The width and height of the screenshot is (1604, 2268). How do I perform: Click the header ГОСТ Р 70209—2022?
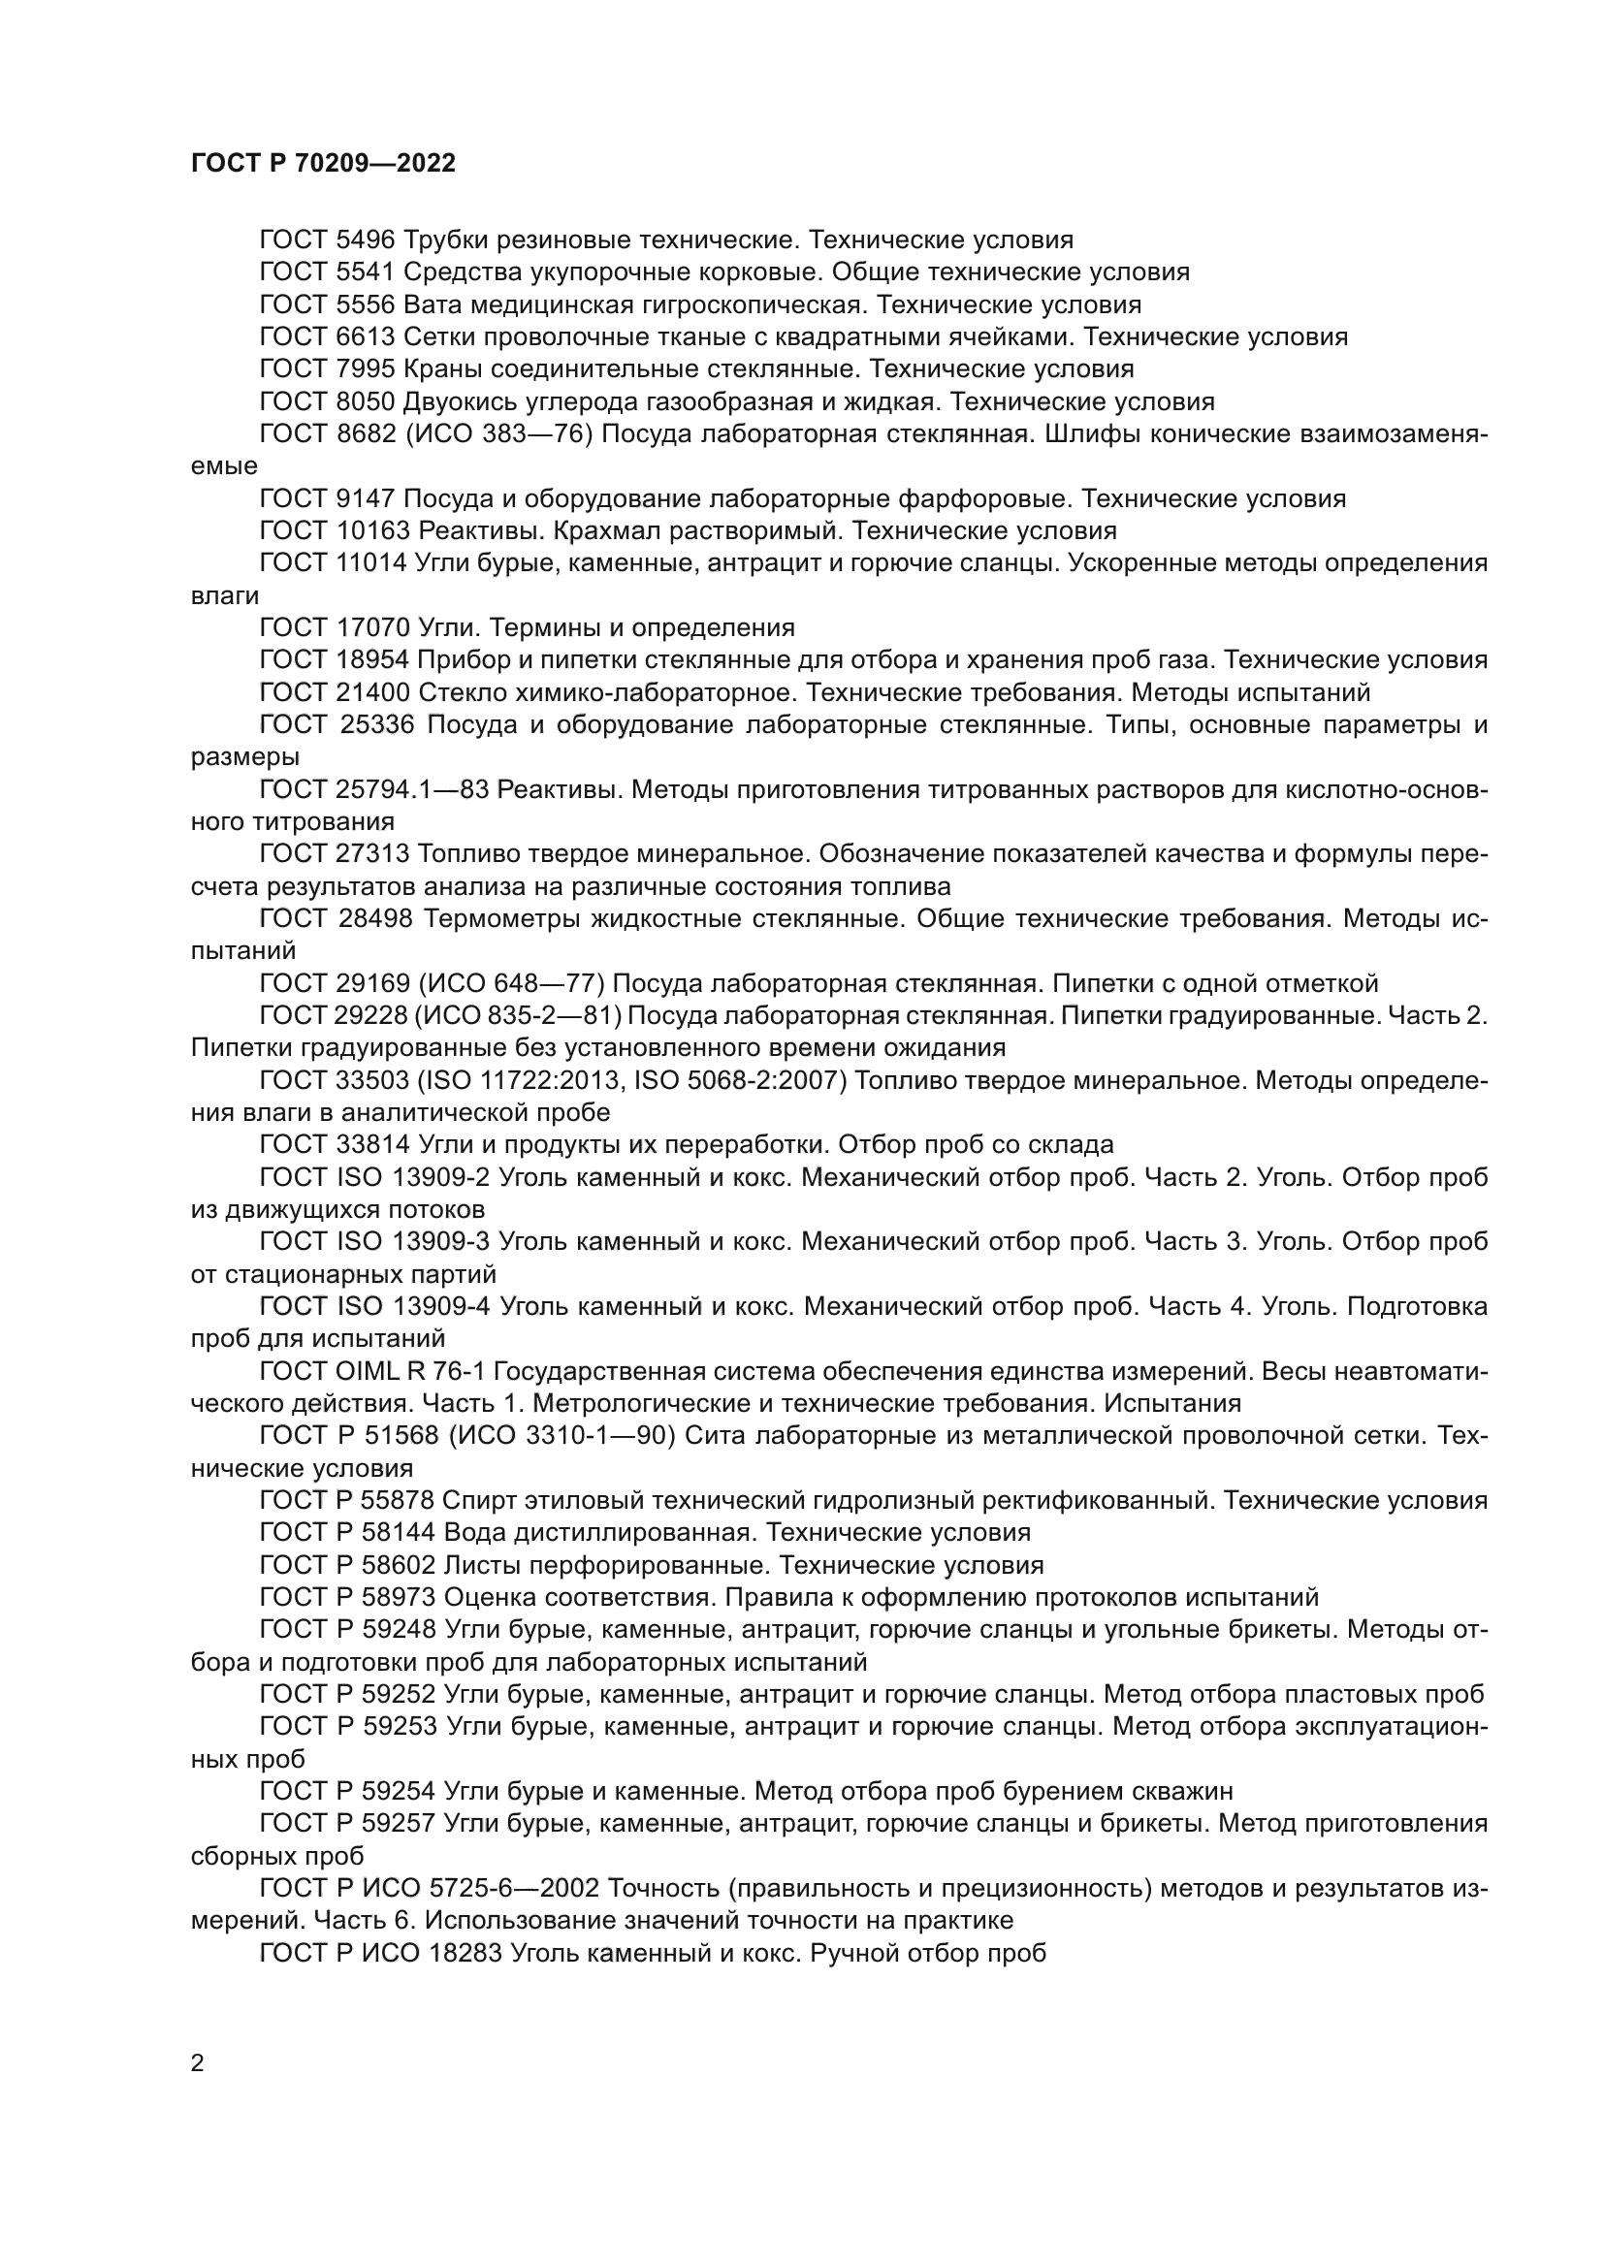click(x=323, y=164)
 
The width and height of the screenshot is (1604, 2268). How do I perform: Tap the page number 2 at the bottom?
click(x=198, y=2063)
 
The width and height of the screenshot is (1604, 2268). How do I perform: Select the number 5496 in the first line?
click(x=366, y=240)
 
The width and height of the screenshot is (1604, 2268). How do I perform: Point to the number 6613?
click(x=366, y=336)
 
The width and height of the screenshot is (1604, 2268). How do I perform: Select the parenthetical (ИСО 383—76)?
click(x=497, y=434)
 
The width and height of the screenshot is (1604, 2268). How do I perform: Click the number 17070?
click(x=373, y=628)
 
